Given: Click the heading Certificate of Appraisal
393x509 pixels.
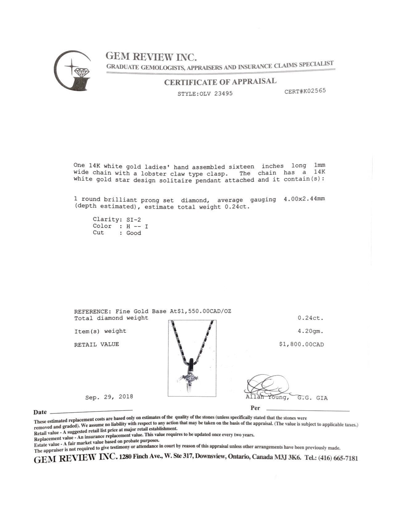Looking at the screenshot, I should tap(220, 82).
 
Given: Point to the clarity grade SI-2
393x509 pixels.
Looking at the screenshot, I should tap(133, 219).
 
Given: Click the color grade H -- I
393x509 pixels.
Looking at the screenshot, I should tap(137, 226).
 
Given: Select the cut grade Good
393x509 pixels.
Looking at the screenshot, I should tap(133, 233).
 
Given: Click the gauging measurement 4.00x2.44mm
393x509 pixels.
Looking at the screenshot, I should tap(304, 199).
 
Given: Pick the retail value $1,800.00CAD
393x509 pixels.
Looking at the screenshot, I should tap(301, 344).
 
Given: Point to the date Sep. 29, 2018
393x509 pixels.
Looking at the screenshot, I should tap(109, 397).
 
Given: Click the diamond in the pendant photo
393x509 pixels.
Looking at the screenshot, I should tap(191, 378).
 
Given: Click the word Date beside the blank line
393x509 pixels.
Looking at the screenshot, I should tap(40, 412).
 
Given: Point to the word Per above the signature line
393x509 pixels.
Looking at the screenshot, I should tap(255, 408).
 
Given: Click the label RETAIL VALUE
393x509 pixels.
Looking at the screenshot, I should tap(96, 344).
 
